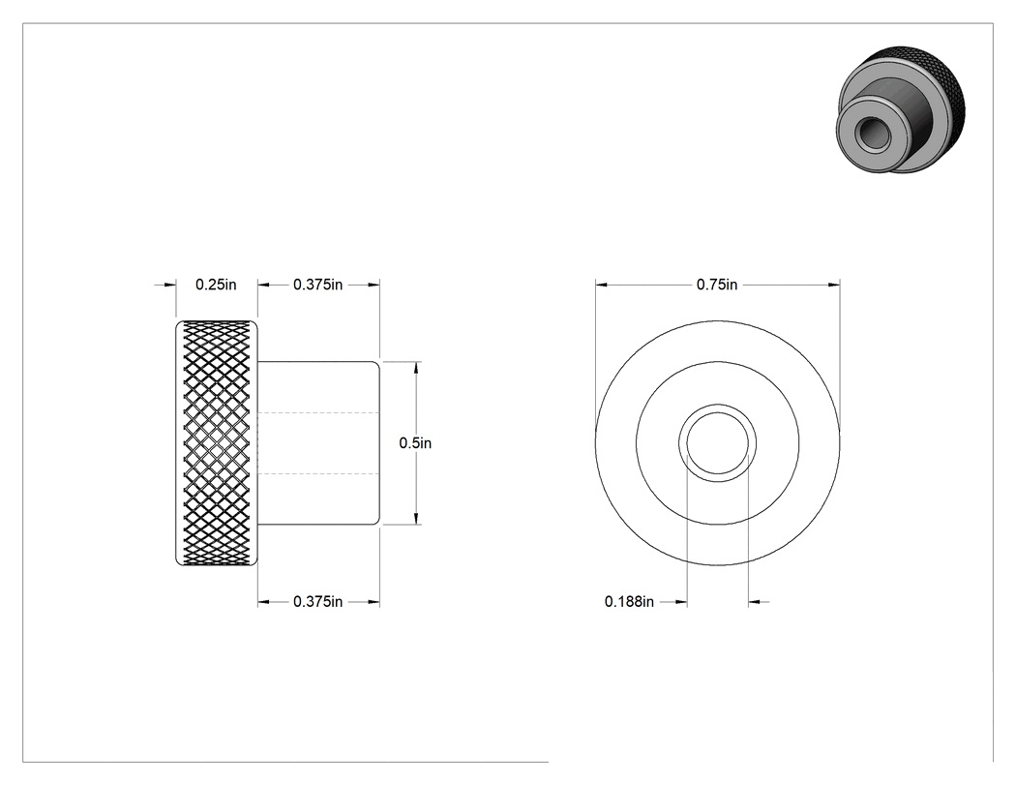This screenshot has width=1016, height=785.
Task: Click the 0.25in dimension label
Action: [216, 285]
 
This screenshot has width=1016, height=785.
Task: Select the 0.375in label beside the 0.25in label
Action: [317, 285]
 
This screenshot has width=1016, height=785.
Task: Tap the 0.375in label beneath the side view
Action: [317, 601]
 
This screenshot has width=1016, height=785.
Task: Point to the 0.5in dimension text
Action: [415, 442]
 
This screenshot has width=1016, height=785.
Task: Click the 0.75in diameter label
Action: [717, 285]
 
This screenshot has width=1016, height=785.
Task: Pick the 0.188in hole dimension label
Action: [629, 601]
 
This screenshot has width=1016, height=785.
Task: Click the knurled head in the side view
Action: [217, 442]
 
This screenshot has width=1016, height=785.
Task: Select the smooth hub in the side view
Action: [318, 442]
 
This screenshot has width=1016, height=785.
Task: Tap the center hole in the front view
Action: [717, 442]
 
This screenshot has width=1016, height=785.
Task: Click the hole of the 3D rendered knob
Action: [870, 134]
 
